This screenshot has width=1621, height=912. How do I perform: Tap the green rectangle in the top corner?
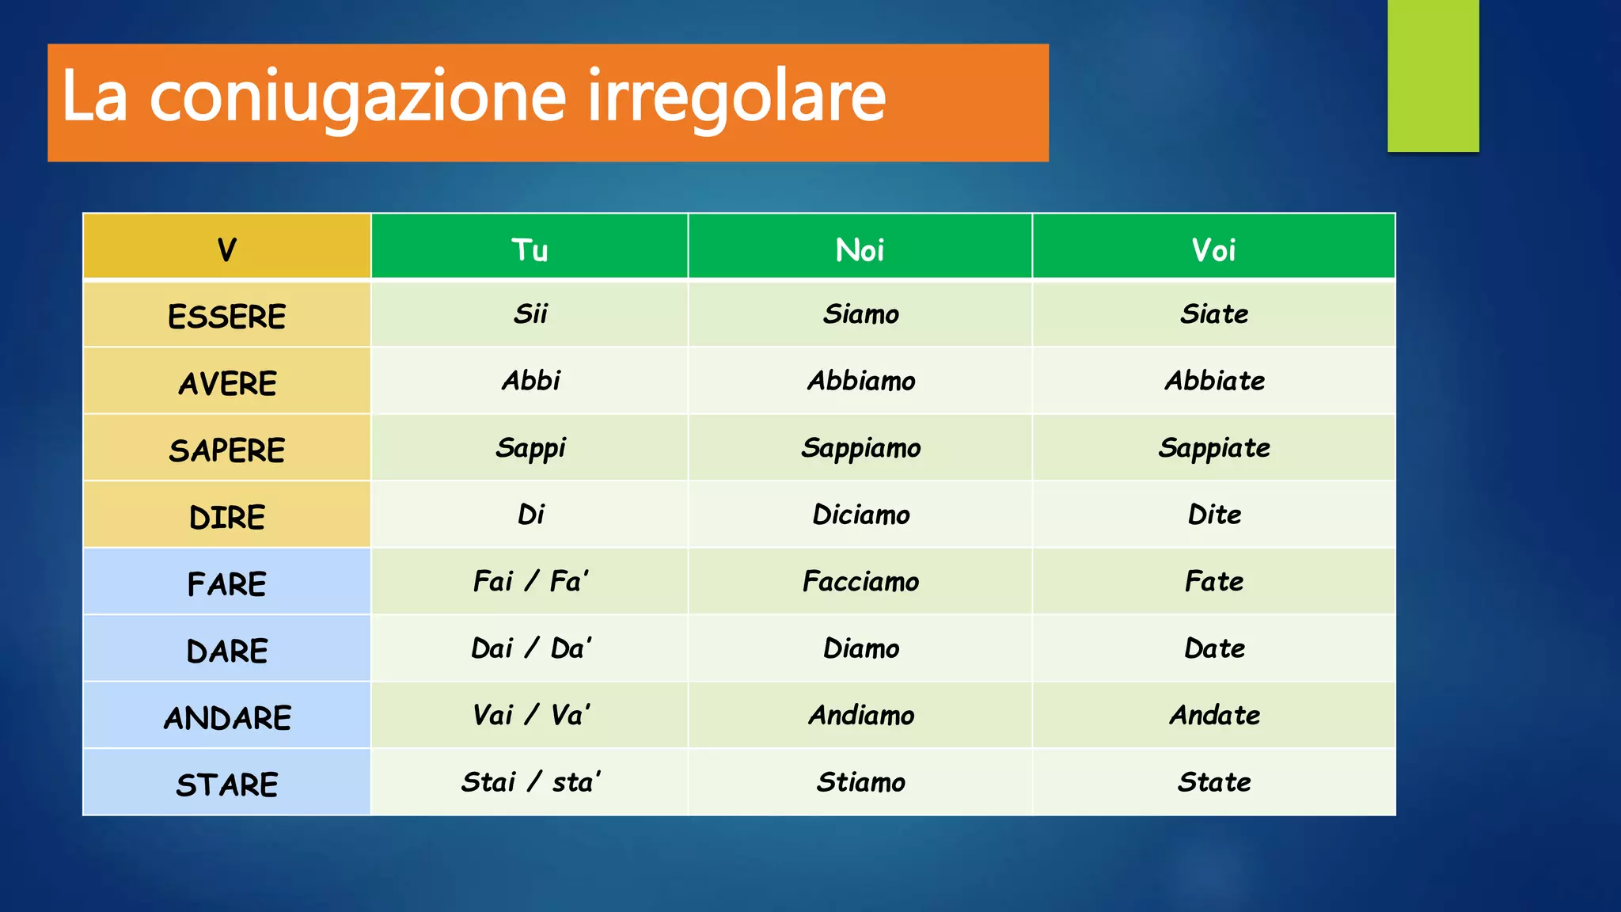pyautogui.click(x=1433, y=75)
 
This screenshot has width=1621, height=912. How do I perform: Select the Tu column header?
pyautogui.click(x=530, y=249)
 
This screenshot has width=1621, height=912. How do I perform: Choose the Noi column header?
pyautogui.click(x=860, y=249)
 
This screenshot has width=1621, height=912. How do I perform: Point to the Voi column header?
pyautogui.click(x=1213, y=249)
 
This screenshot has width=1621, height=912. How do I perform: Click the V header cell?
pyautogui.click(x=227, y=249)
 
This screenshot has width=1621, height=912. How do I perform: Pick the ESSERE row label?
pyautogui.click(x=227, y=316)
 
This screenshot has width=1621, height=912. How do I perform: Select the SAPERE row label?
pyautogui.click(x=227, y=450)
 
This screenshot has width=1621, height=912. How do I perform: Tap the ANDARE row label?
pyautogui.click(x=227, y=717)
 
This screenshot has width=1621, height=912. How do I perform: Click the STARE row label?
pyautogui.click(x=227, y=784)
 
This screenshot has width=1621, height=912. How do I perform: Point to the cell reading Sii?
pyautogui.click(x=530, y=313)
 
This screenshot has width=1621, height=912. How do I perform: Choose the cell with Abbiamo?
pyautogui.click(x=861, y=381)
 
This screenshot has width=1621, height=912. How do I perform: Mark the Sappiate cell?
pyautogui.click(x=1214, y=448)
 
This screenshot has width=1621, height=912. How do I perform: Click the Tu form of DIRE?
pyautogui.click(x=530, y=515)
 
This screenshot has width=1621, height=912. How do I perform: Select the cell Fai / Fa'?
pyautogui.click(x=530, y=581)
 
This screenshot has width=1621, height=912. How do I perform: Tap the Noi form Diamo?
pyautogui.click(x=861, y=648)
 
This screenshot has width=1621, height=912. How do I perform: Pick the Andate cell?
pyautogui.click(x=1214, y=715)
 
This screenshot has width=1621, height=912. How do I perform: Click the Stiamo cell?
pyautogui.click(x=861, y=782)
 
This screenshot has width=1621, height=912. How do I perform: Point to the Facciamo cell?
pyautogui.click(x=861, y=581)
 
